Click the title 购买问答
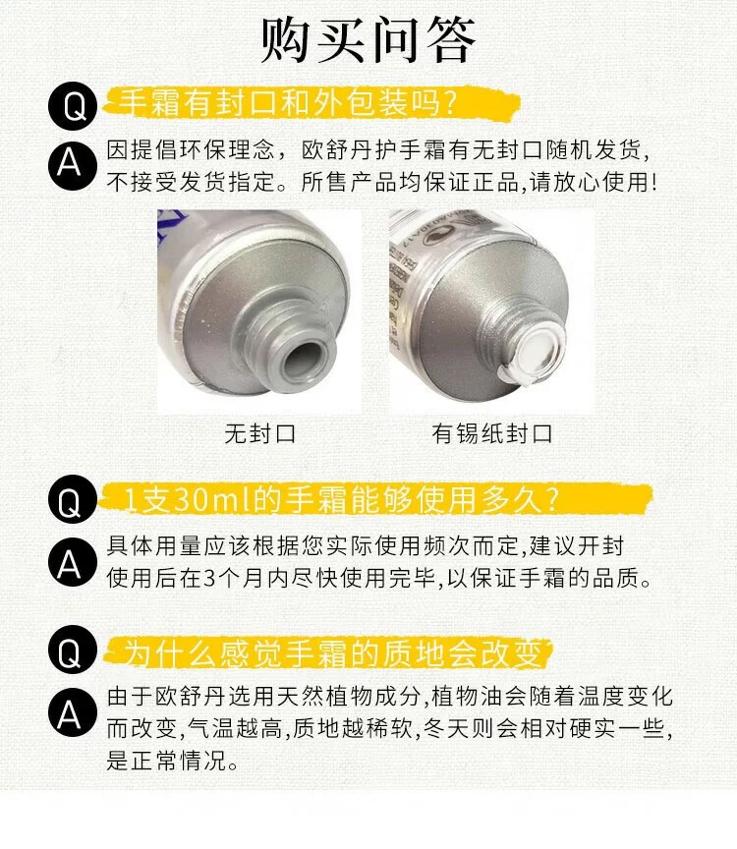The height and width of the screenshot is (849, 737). pos(368,39)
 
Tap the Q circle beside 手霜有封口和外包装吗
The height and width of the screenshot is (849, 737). pos(73,106)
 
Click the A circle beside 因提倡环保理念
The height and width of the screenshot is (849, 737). pos(73,164)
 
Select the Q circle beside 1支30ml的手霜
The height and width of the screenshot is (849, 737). pos(73,499)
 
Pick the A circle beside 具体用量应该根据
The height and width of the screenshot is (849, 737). pos(73,563)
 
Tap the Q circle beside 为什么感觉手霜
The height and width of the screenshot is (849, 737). pos(73,650)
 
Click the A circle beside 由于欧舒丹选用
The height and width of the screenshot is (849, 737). pos(73,712)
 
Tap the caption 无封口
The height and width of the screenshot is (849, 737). pos(260,433)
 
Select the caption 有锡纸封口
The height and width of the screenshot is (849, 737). pos(491,433)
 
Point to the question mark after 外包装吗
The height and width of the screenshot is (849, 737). pos(448,103)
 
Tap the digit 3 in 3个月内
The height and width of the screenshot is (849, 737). pos(210,578)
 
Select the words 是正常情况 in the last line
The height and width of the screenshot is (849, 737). pos(166,761)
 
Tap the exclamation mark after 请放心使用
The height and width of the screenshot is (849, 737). pos(654,182)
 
